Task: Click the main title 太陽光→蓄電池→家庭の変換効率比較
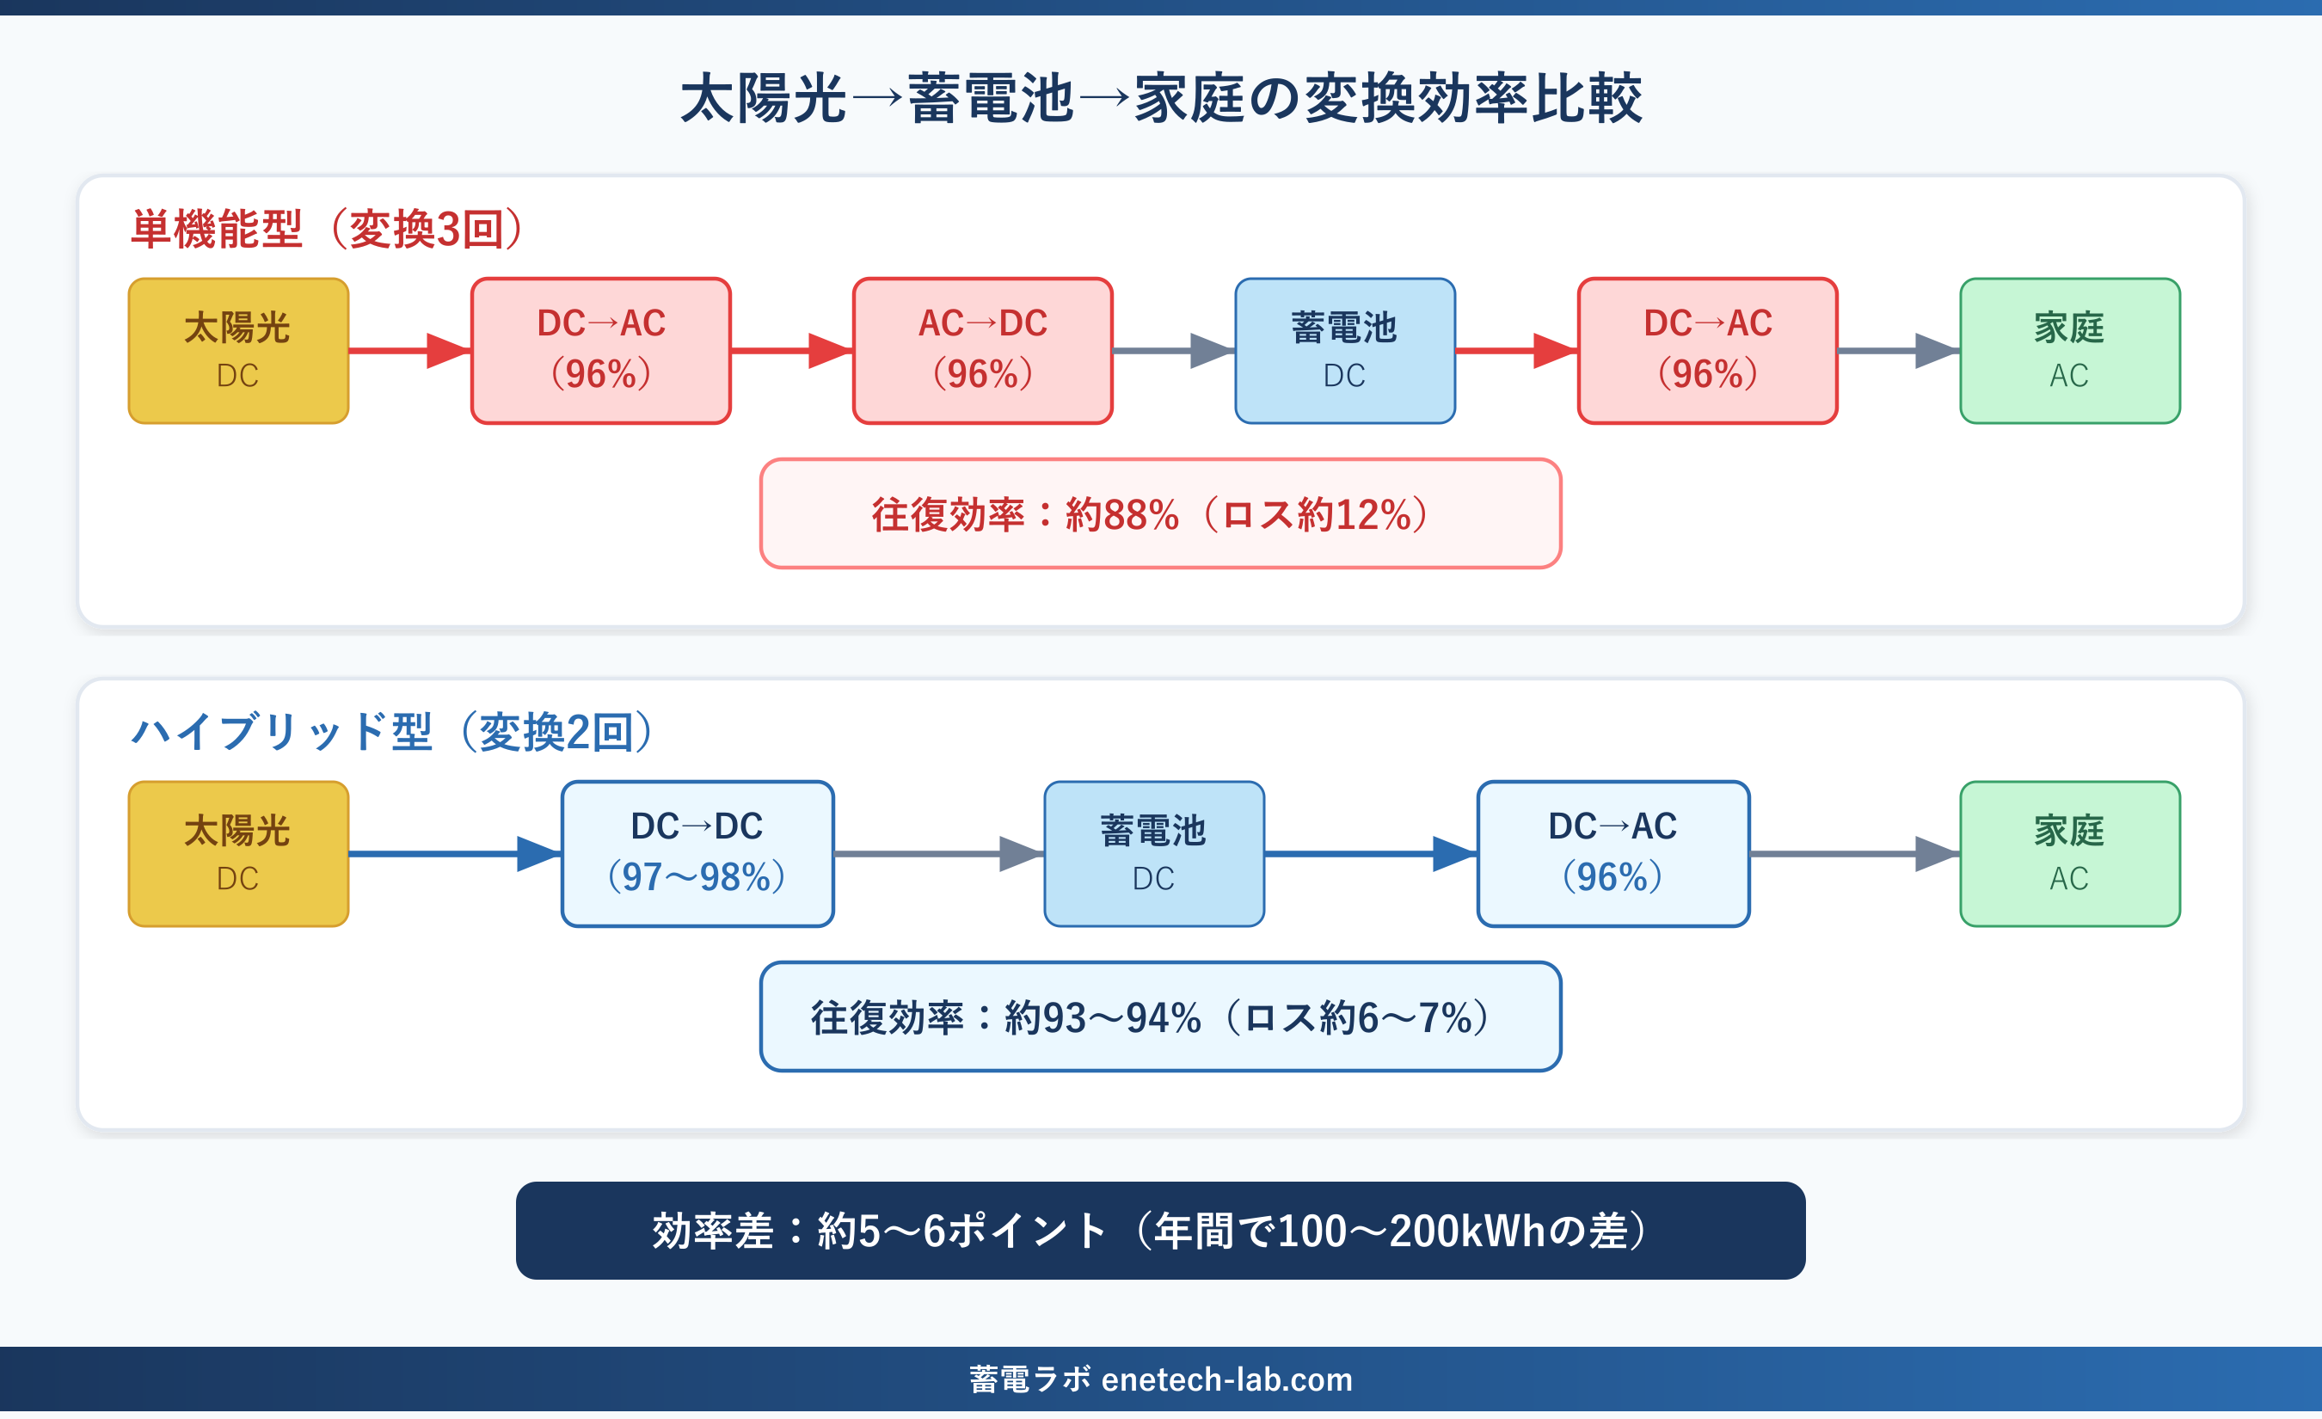tap(1161, 98)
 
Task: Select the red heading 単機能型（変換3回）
tap(326, 229)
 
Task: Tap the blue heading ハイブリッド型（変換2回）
tap(391, 732)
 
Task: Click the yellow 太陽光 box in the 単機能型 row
tap(238, 351)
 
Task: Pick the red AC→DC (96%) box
tap(982, 351)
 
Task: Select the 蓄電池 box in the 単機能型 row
tap(1345, 351)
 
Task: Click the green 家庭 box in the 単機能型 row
tap(2069, 351)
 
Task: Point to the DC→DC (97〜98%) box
tap(697, 854)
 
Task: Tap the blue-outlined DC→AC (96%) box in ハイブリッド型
tap(1612, 854)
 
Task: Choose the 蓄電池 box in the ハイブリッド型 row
tap(1153, 854)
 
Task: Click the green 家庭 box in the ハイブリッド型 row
tap(2069, 854)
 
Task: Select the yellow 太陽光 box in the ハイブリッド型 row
tap(238, 854)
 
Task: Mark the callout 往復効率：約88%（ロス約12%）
tap(1160, 514)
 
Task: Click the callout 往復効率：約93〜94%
tap(1160, 1017)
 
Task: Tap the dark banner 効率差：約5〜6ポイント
tap(1160, 1231)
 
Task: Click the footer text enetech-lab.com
tap(1226, 1379)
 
